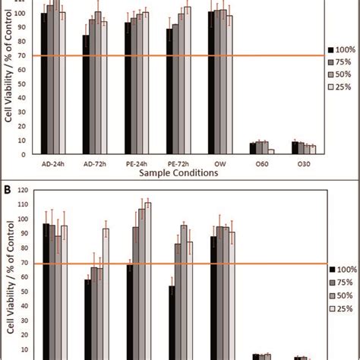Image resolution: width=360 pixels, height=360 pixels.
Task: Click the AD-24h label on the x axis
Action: pyautogui.click(x=52, y=162)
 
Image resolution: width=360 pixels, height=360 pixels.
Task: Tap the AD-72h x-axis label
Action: pyautogui.click(x=94, y=162)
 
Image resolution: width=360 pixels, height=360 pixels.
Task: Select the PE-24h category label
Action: pyautogui.click(x=137, y=162)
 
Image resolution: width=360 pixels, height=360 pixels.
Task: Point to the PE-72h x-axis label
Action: pyautogui.click(x=178, y=162)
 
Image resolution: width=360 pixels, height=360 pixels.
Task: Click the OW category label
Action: pyautogui.click(x=220, y=162)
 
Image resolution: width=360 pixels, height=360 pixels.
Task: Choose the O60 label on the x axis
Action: pyautogui.click(x=262, y=162)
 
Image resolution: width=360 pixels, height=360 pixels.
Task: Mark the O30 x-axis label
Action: pyautogui.click(x=304, y=162)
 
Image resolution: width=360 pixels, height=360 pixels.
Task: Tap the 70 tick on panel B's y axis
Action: pyautogui.click(x=27, y=264)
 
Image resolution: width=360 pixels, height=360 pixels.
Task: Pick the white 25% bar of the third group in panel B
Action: pyautogui.click(x=148, y=281)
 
